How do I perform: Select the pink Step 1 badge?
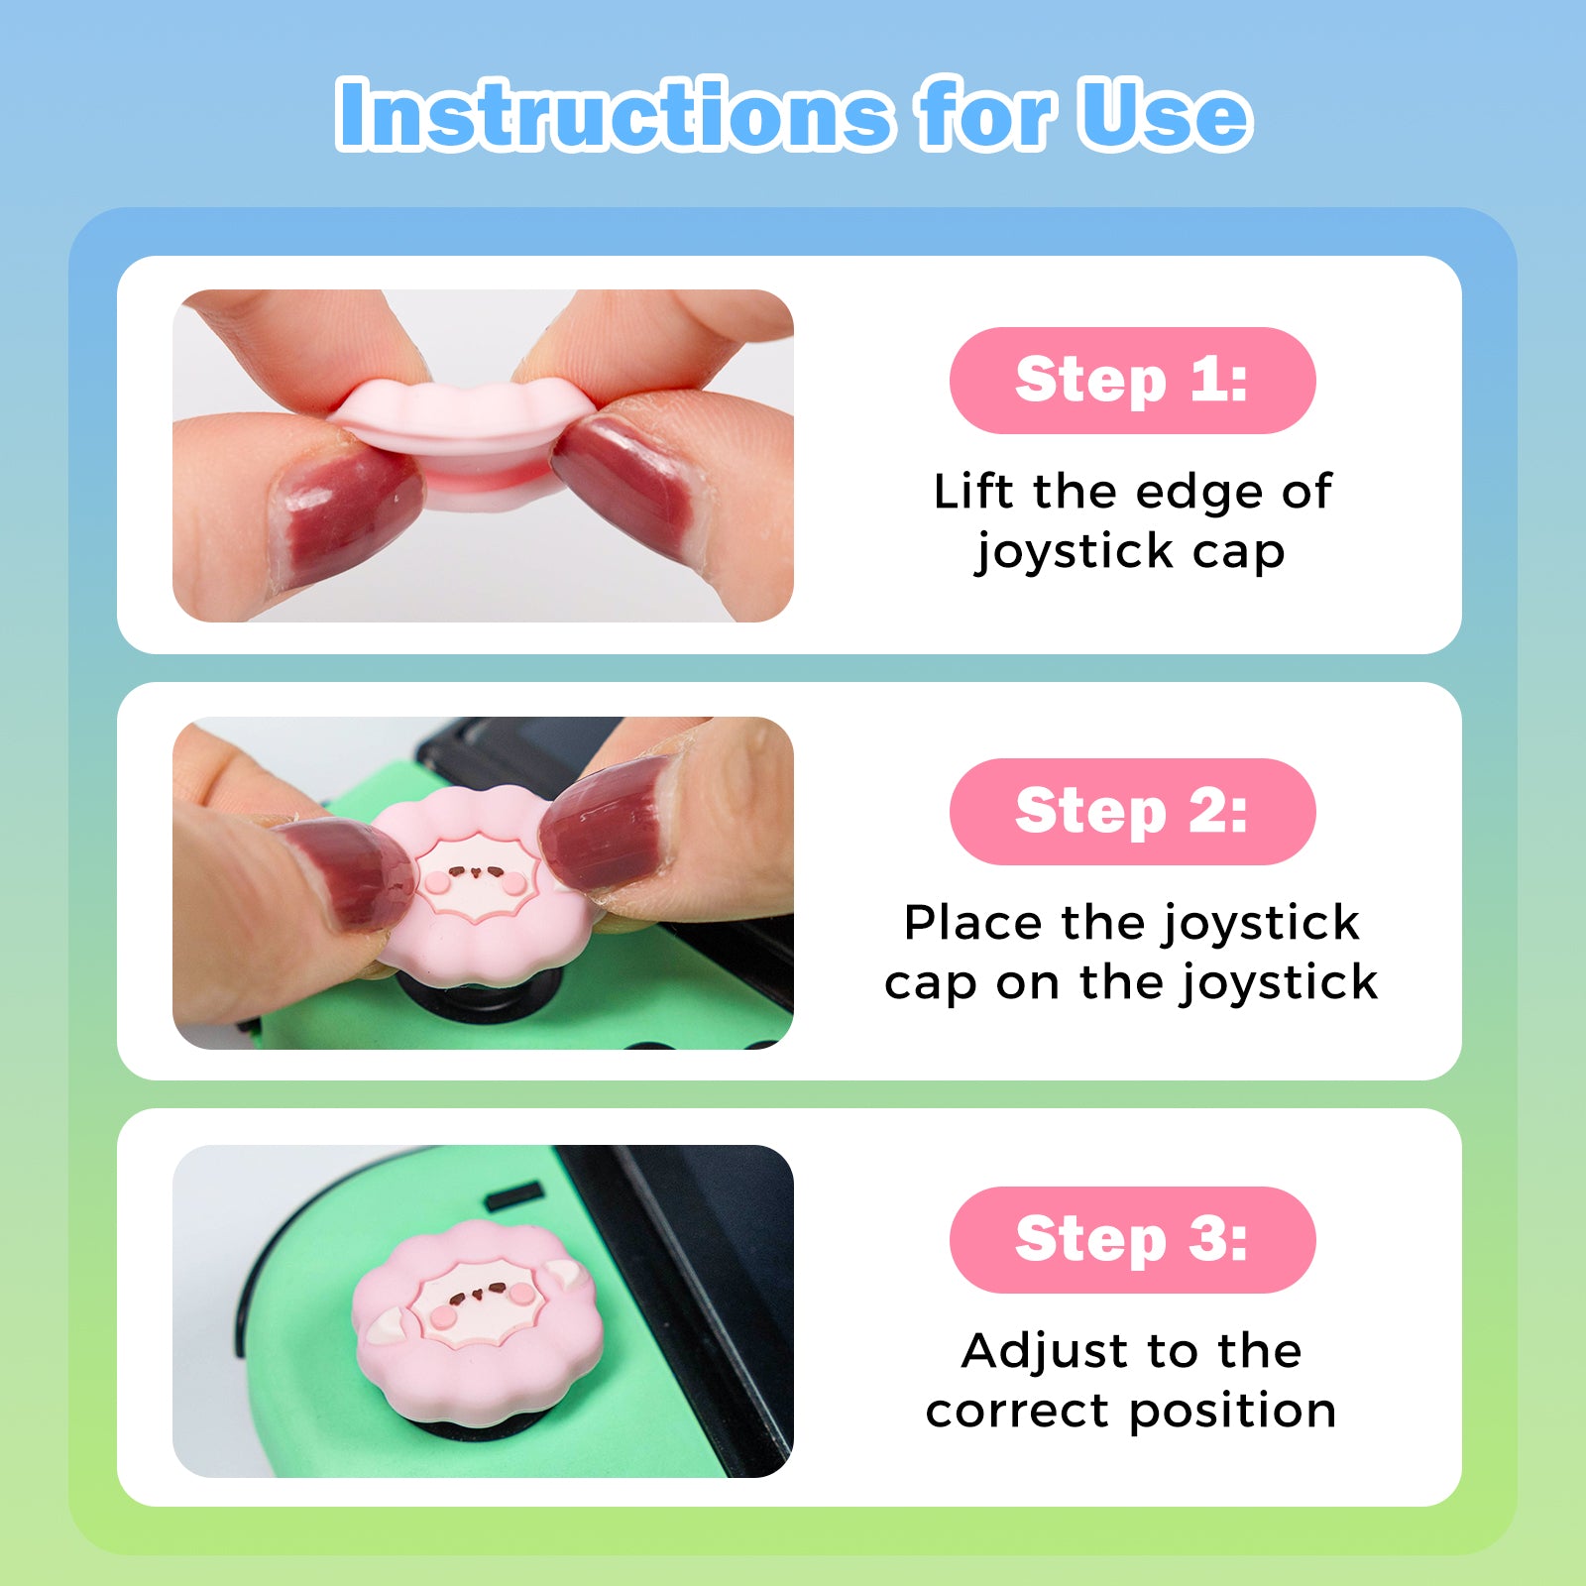(1132, 381)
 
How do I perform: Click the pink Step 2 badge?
(1132, 812)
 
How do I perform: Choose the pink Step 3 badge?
(1132, 1240)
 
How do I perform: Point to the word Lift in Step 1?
(973, 492)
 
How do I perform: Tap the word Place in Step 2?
(972, 924)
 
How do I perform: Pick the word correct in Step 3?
(1016, 1412)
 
